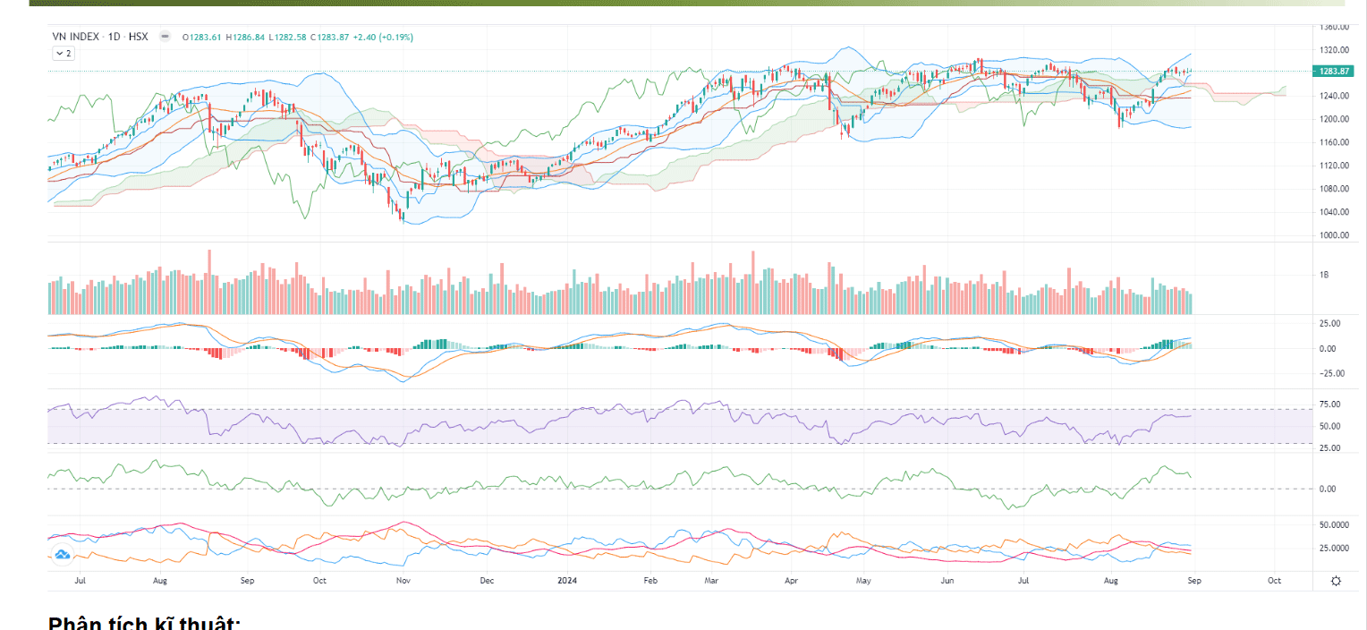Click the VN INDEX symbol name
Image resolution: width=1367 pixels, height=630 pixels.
pos(75,37)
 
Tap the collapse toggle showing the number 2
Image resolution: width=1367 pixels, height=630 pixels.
pos(64,54)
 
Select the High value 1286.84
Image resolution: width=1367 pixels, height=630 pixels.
pos(245,37)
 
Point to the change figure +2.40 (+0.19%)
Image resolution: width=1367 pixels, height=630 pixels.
pos(383,37)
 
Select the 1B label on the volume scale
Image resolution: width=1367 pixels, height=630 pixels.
pos(1325,275)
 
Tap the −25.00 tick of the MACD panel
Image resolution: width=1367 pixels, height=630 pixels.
pos(1329,373)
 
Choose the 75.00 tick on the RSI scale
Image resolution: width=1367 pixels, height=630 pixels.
pos(1329,404)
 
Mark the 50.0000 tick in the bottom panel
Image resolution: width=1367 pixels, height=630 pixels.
pos(1333,524)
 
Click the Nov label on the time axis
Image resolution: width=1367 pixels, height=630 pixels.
pos(403,581)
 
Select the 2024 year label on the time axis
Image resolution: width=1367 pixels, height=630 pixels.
pos(567,581)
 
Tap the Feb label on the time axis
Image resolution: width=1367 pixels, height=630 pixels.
pos(650,581)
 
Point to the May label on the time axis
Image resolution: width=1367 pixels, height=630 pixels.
pos(862,581)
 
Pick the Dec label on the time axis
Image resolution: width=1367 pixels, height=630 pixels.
pos(486,581)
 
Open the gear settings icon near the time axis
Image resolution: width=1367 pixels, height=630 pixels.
pos(1336,581)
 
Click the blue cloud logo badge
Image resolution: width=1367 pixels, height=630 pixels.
pos(63,555)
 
